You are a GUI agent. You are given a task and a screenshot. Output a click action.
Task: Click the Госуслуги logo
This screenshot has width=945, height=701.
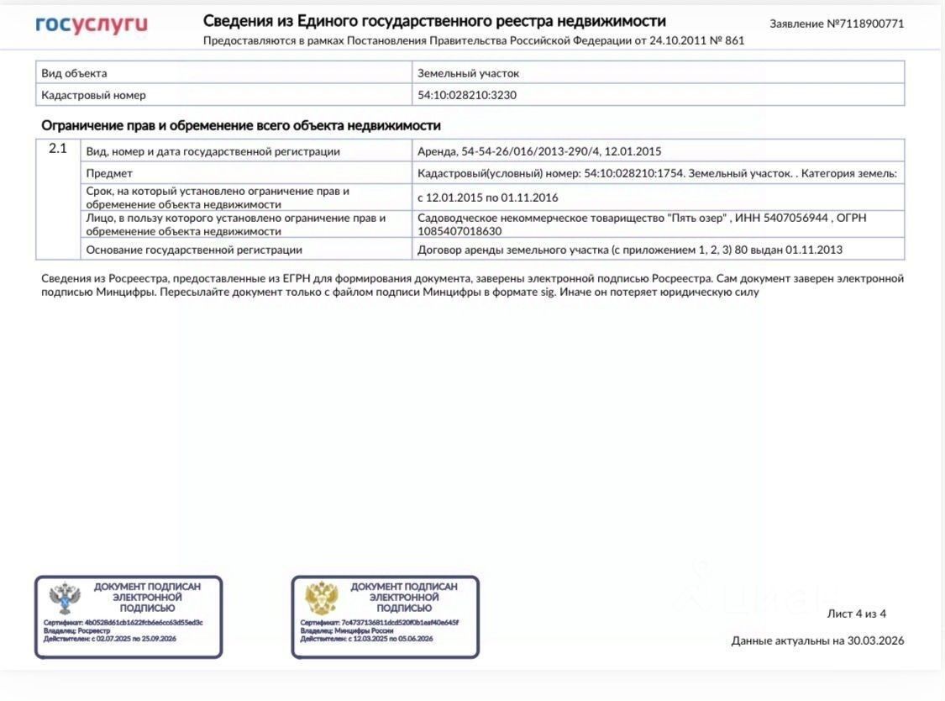(92, 25)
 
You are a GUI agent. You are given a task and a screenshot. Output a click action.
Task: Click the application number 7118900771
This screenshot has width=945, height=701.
(870, 24)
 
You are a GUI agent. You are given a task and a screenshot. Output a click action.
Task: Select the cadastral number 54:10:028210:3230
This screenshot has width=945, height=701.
(467, 95)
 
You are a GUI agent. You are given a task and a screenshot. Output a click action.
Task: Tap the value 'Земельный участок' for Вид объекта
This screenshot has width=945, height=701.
(468, 73)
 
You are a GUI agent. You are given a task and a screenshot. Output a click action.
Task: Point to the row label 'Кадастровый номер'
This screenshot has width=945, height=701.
(93, 95)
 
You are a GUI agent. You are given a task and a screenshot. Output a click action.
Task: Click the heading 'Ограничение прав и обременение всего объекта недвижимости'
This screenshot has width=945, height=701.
(241, 125)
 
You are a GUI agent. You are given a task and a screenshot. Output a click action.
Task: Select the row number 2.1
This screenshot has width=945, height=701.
(57, 150)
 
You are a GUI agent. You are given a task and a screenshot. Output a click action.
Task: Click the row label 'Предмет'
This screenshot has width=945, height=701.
(109, 173)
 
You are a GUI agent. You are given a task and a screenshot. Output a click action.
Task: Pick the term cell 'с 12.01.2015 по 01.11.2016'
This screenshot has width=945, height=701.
(488, 198)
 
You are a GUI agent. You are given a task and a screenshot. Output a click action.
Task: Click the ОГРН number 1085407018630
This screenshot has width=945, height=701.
(459, 230)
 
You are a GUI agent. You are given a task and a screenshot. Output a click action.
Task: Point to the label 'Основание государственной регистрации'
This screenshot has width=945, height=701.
(194, 250)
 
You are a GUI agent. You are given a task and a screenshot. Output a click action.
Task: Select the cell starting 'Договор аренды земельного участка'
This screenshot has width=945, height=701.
(630, 250)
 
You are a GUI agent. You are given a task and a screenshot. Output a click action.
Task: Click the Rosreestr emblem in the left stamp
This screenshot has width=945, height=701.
(63, 598)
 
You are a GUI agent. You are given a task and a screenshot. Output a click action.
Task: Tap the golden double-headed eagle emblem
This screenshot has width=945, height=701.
(321, 598)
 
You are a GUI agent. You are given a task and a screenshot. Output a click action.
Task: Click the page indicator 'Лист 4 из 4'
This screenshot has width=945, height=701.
(856, 614)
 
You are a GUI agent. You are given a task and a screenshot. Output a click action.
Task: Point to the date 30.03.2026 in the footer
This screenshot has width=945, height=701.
(875, 640)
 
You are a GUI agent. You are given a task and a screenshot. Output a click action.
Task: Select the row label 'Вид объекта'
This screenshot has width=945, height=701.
(74, 73)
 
